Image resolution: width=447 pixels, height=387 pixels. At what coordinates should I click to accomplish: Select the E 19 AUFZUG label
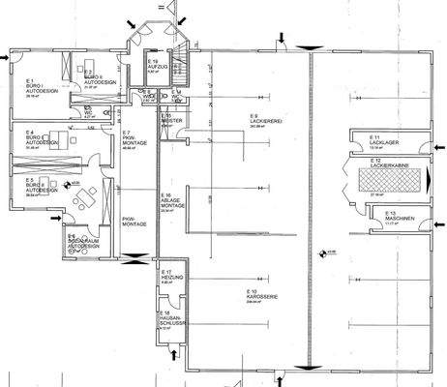click(x=158, y=66)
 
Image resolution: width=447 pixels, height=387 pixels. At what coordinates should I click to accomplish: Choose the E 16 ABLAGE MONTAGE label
click(x=171, y=202)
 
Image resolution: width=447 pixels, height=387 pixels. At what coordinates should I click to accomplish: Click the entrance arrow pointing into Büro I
click(x=7, y=58)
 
